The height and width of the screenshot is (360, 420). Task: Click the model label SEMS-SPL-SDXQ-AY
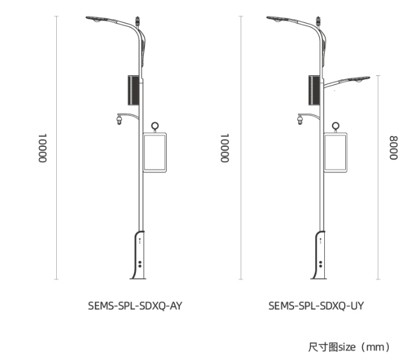click(x=135, y=306)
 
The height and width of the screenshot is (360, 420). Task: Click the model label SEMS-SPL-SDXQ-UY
click(x=316, y=306)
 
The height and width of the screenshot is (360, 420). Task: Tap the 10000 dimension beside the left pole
click(x=42, y=149)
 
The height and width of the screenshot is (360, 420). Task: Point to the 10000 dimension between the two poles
click(x=225, y=149)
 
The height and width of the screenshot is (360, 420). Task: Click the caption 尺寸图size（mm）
click(x=348, y=347)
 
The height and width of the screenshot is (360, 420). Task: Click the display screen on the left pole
click(x=155, y=151)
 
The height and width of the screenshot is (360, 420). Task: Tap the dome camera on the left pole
click(x=118, y=119)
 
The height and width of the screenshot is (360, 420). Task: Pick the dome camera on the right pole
click(x=299, y=119)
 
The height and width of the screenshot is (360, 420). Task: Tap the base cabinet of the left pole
click(x=139, y=256)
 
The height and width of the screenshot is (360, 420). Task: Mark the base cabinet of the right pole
click(x=320, y=256)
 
